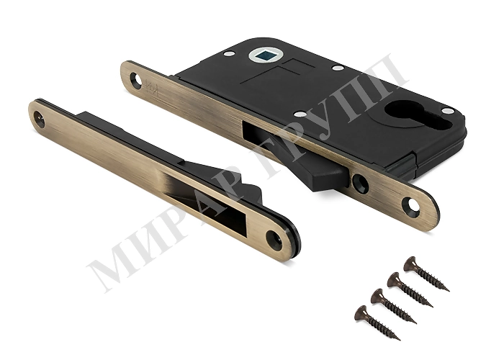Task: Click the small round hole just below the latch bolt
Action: (360, 183)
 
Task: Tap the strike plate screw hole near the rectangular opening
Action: (274, 240)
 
